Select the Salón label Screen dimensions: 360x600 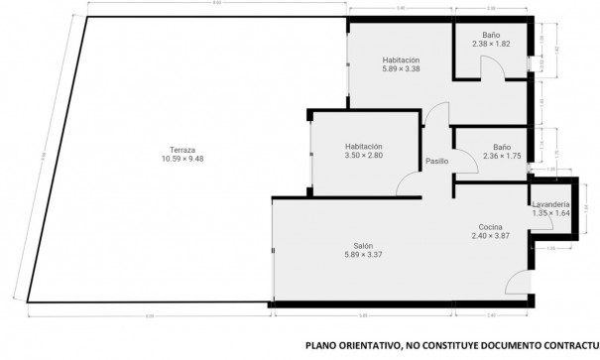363,246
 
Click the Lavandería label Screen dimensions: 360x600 550,204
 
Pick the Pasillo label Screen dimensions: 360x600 436,161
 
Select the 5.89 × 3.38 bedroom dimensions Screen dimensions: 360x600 402,69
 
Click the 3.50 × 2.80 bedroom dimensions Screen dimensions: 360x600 363,156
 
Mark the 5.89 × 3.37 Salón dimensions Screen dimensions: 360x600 363,255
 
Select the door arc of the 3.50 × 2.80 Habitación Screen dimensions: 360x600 407,184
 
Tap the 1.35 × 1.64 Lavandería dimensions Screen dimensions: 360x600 550,213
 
